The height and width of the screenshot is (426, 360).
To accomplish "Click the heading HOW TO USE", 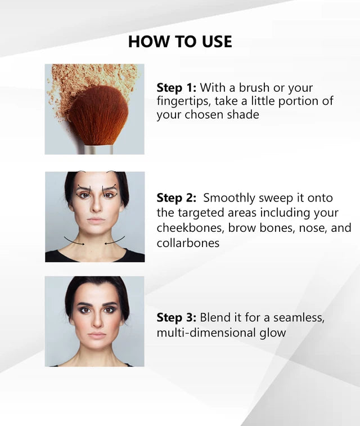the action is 180,41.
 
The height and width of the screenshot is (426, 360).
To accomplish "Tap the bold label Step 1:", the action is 176,87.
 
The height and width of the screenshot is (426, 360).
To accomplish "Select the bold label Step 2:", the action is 176,198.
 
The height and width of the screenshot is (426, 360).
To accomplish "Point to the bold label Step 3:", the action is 176,317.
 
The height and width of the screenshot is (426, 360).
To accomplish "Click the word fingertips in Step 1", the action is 183,101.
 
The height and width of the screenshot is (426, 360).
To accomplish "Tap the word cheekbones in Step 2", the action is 191,228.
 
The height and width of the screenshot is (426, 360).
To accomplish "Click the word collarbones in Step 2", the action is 188,243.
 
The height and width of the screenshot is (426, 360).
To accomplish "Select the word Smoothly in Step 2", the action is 229,198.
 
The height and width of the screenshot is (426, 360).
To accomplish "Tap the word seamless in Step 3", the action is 299,317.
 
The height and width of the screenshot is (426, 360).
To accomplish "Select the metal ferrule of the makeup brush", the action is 98,150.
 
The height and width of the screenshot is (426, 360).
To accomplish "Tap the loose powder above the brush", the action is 89,76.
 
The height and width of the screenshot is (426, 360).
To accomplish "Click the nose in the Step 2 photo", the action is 96,205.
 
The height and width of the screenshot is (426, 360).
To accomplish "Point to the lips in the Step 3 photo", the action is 97,335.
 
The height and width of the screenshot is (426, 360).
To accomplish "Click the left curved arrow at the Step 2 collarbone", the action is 74,241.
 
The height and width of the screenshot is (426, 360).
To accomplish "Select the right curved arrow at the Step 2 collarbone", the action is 115,241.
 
